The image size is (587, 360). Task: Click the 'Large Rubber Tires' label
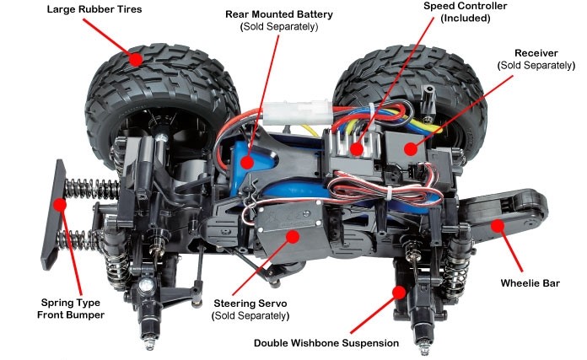tap(94, 9)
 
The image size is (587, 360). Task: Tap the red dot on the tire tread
tap(136, 59)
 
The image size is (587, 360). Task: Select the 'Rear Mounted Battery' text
tap(279, 14)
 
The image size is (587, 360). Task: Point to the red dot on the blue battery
tap(246, 163)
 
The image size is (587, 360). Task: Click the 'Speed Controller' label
tap(466, 6)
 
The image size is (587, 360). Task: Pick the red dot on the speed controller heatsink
tap(357, 149)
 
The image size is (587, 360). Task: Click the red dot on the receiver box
tap(411, 149)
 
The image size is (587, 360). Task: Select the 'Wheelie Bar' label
tap(530, 283)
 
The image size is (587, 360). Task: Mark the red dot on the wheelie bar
tap(498, 226)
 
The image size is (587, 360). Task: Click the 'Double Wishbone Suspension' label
tap(326, 343)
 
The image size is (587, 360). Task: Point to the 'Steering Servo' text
tap(250, 304)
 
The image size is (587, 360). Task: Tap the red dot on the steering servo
tap(293, 237)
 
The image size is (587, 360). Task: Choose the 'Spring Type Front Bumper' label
tap(71, 309)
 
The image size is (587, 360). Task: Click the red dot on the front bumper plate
tap(59, 205)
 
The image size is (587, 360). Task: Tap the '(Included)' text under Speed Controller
tap(466, 18)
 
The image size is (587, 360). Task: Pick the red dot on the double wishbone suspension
tap(399, 293)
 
